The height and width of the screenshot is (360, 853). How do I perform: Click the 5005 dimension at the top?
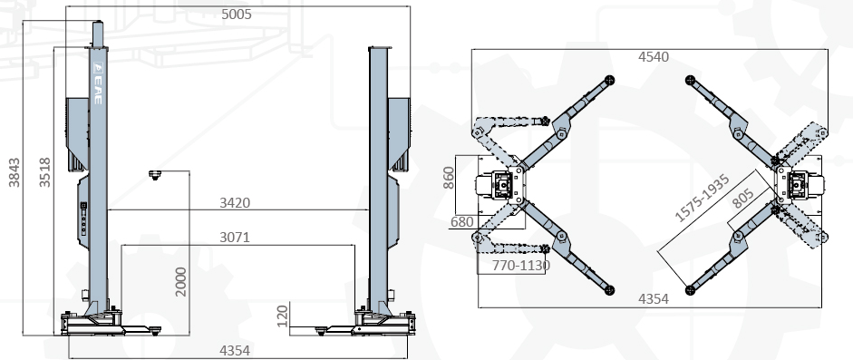click(237, 15)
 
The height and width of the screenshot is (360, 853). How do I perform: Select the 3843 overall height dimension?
click(15, 172)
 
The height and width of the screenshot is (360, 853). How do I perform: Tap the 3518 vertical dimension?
click(44, 172)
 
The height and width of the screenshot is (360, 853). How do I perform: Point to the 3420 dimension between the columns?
click(235, 203)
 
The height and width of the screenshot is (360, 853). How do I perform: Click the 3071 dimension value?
click(235, 238)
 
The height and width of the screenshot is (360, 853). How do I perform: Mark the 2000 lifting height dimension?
click(181, 282)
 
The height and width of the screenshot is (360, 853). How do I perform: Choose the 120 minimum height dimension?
click(282, 316)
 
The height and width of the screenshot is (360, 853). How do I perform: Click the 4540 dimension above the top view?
click(654, 56)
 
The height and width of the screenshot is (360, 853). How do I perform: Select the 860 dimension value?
click(449, 178)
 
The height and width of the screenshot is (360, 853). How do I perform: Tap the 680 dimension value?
click(462, 222)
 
